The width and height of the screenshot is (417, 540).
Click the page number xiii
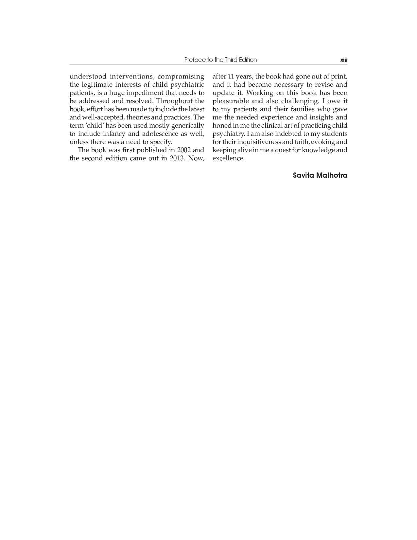pos(343,60)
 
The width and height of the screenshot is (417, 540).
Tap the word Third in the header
pos(231,60)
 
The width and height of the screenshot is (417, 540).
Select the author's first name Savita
pos(304,175)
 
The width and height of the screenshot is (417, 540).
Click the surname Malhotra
pos(332,175)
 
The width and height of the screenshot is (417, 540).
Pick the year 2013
pos(177,158)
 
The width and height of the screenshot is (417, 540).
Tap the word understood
pos(88,77)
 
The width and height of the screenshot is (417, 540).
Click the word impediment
pos(145,93)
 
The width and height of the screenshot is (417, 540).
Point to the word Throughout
pos(171,101)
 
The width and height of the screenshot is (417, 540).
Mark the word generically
pos(188,126)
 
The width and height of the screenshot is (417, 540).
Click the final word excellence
pos(228,158)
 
